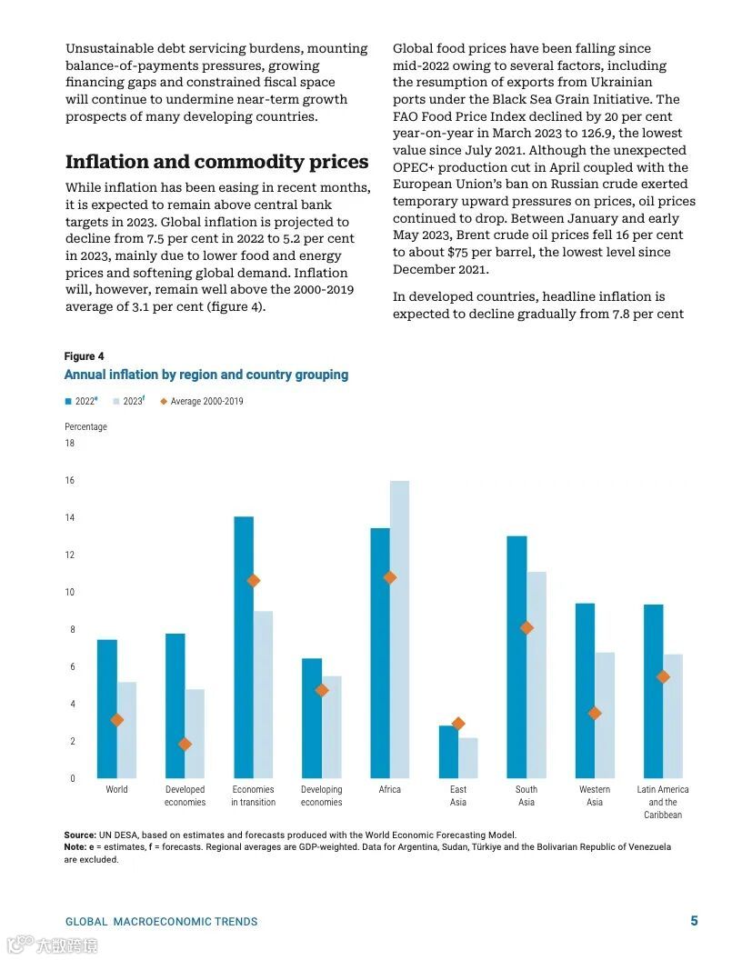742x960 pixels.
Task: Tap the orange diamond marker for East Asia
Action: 458,724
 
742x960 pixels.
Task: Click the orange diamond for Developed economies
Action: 185,744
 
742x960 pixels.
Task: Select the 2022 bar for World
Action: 107,709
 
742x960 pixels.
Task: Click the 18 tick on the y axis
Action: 70,444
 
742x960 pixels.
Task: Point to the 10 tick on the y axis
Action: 70,593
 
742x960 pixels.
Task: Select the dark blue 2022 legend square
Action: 68,401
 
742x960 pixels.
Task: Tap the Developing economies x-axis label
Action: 322,795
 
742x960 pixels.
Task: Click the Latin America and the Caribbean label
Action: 663,802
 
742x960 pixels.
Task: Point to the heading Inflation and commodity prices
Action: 216,162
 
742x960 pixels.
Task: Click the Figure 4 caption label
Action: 84,356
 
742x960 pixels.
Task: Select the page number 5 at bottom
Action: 694,921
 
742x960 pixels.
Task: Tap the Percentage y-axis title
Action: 85,426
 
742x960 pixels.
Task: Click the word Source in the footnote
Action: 79,835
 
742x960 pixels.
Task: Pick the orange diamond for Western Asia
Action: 595,713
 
